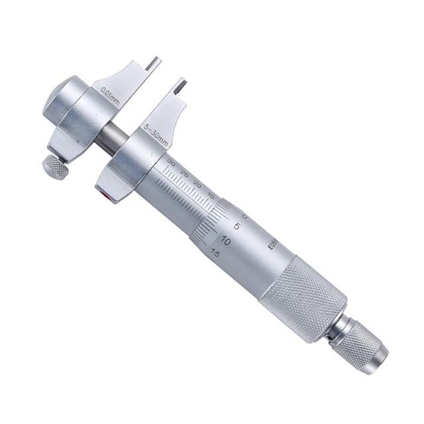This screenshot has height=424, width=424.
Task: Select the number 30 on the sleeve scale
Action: coord(172,162)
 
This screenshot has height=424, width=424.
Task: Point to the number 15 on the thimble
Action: coord(214,252)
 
